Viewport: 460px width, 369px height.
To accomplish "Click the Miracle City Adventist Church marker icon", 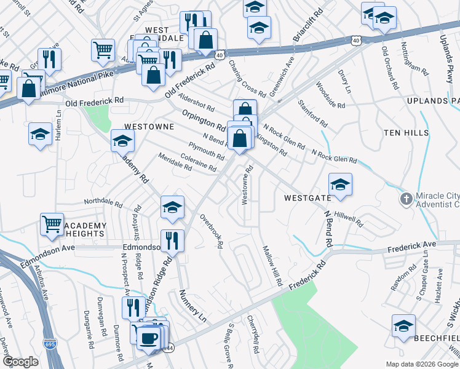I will (405, 199).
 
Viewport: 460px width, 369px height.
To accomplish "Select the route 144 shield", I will (169, 348).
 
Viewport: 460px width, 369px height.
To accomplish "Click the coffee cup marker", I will (148, 337).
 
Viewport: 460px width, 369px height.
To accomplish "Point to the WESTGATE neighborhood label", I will (307, 199).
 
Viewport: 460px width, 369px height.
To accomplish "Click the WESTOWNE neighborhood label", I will (149, 126).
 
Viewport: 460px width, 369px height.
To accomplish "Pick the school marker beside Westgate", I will (340, 184).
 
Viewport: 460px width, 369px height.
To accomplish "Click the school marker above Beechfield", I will (403, 326).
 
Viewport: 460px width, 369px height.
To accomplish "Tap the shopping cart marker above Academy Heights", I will (52, 224).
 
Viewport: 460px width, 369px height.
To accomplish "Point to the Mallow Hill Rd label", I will (272, 266).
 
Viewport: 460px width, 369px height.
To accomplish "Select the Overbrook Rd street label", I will (212, 231).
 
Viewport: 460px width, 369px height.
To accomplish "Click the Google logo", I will (20, 361).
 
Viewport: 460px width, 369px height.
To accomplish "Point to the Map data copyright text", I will (422, 364).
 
